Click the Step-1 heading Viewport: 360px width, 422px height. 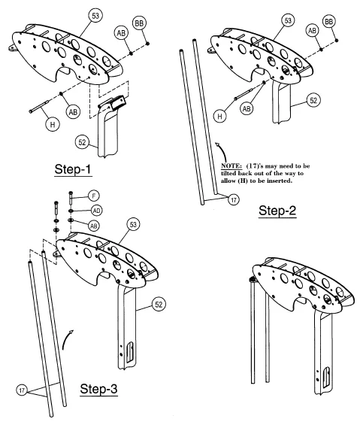[73, 169]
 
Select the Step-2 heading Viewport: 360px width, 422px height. [277, 211]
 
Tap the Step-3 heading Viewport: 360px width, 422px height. [98, 389]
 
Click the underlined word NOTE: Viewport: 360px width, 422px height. [231, 166]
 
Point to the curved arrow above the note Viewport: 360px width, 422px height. [222, 151]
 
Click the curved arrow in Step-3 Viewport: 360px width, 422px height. [66, 340]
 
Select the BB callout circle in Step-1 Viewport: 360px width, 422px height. [139, 23]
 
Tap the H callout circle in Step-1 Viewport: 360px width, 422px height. [53, 124]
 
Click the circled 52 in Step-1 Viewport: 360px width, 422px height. [82, 142]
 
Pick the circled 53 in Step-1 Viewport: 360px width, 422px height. [95, 16]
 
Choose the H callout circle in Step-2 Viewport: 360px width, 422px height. [220, 117]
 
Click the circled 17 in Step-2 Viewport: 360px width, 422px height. [234, 199]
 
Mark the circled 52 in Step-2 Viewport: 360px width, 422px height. [313, 100]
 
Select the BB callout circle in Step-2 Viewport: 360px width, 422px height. [329, 22]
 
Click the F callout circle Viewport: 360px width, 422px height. [93, 196]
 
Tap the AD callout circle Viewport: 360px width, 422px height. [96, 211]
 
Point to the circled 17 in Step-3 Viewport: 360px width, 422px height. [22, 390]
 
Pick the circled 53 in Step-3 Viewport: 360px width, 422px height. [133, 224]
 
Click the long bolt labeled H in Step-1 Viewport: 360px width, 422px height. [40, 106]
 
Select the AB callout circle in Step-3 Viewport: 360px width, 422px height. [93, 226]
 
